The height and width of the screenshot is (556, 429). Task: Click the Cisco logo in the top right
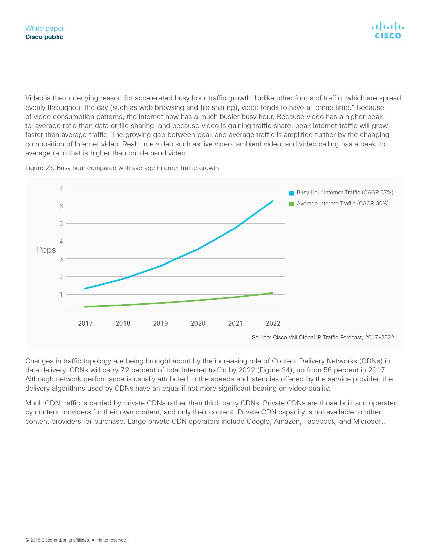pyautogui.click(x=388, y=31)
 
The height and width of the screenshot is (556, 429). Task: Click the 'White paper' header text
pyautogui.click(x=44, y=28)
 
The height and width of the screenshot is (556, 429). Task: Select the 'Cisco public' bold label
pyautogui.click(x=44, y=37)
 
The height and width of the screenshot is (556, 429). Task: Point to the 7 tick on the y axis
pyautogui.click(x=61, y=188)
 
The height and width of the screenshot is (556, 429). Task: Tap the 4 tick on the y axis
pyautogui.click(x=61, y=241)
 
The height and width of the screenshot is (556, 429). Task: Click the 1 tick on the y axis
pyautogui.click(x=61, y=294)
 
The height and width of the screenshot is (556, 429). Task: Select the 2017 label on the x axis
pyautogui.click(x=85, y=323)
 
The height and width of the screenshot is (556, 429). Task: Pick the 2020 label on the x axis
pyautogui.click(x=198, y=323)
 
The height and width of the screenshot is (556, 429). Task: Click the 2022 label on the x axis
pyautogui.click(x=273, y=323)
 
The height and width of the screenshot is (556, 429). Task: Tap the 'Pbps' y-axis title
pyautogui.click(x=46, y=250)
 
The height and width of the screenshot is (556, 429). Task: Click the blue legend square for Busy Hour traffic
pyautogui.click(x=292, y=193)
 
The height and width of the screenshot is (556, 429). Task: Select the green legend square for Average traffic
pyautogui.click(x=292, y=204)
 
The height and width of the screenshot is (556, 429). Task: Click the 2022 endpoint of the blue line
pyautogui.click(x=272, y=202)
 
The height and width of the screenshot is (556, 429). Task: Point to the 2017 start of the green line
pyautogui.click(x=85, y=307)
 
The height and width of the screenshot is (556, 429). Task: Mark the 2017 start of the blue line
pyautogui.click(x=85, y=289)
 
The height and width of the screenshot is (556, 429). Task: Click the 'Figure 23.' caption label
pyautogui.click(x=40, y=168)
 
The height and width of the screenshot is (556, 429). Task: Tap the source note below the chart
pyautogui.click(x=323, y=337)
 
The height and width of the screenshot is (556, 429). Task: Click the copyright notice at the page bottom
pyautogui.click(x=76, y=540)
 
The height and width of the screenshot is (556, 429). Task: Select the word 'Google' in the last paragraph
pyautogui.click(x=258, y=421)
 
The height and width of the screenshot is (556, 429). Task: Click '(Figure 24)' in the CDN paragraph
pyautogui.click(x=275, y=370)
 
